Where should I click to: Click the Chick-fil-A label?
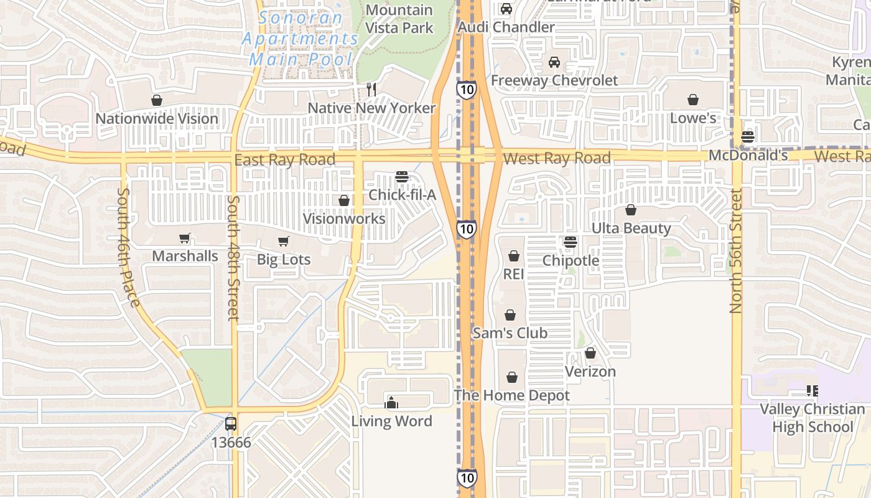(x=402, y=195)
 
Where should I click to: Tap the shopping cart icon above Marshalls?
(x=184, y=238)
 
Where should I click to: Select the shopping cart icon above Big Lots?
(x=283, y=241)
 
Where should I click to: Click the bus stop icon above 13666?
(x=231, y=424)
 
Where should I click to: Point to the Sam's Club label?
(x=510, y=333)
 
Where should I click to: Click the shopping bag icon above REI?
(x=513, y=256)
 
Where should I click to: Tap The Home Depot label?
(x=511, y=395)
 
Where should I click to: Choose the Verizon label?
(x=590, y=372)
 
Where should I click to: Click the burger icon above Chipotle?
(x=571, y=242)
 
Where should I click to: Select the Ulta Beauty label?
(x=631, y=228)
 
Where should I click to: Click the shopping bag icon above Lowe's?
(x=692, y=100)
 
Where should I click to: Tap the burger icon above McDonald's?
(x=748, y=138)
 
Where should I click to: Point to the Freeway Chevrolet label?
(x=554, y=80)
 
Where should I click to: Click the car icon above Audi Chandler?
(x=506, y=9)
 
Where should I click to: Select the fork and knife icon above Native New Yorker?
(x=371, y=89)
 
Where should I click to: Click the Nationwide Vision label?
(x=157, y=118)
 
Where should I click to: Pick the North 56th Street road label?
(x=737, y=252)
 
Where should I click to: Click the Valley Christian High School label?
(x=812, y=418)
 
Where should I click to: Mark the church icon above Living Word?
(x=391, y=403)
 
